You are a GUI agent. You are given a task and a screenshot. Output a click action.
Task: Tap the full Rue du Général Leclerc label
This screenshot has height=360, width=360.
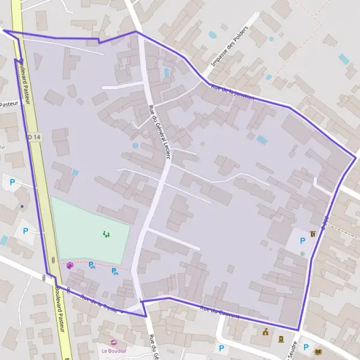point(160,131)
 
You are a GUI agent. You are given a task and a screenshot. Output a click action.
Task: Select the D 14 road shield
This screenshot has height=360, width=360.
point(34,137)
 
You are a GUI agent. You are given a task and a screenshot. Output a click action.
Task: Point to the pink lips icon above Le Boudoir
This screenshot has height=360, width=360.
point(114,342)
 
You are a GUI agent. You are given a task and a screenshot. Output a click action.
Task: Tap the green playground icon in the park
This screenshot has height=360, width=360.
point(106,234)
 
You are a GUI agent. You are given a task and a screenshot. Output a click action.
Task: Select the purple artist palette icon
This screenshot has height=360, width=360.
point(70,265)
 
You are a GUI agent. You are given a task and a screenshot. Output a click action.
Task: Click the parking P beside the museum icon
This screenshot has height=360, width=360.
point(302,241)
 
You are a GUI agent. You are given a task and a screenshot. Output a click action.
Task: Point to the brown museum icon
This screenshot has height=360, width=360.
point(313,233)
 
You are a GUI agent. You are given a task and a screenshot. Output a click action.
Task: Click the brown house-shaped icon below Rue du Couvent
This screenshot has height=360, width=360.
point(265,332)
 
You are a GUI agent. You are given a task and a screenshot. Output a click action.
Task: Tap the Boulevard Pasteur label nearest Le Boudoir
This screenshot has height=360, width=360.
point(61,306)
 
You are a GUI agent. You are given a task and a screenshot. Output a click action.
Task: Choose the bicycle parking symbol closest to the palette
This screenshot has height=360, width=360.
point(92,265)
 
